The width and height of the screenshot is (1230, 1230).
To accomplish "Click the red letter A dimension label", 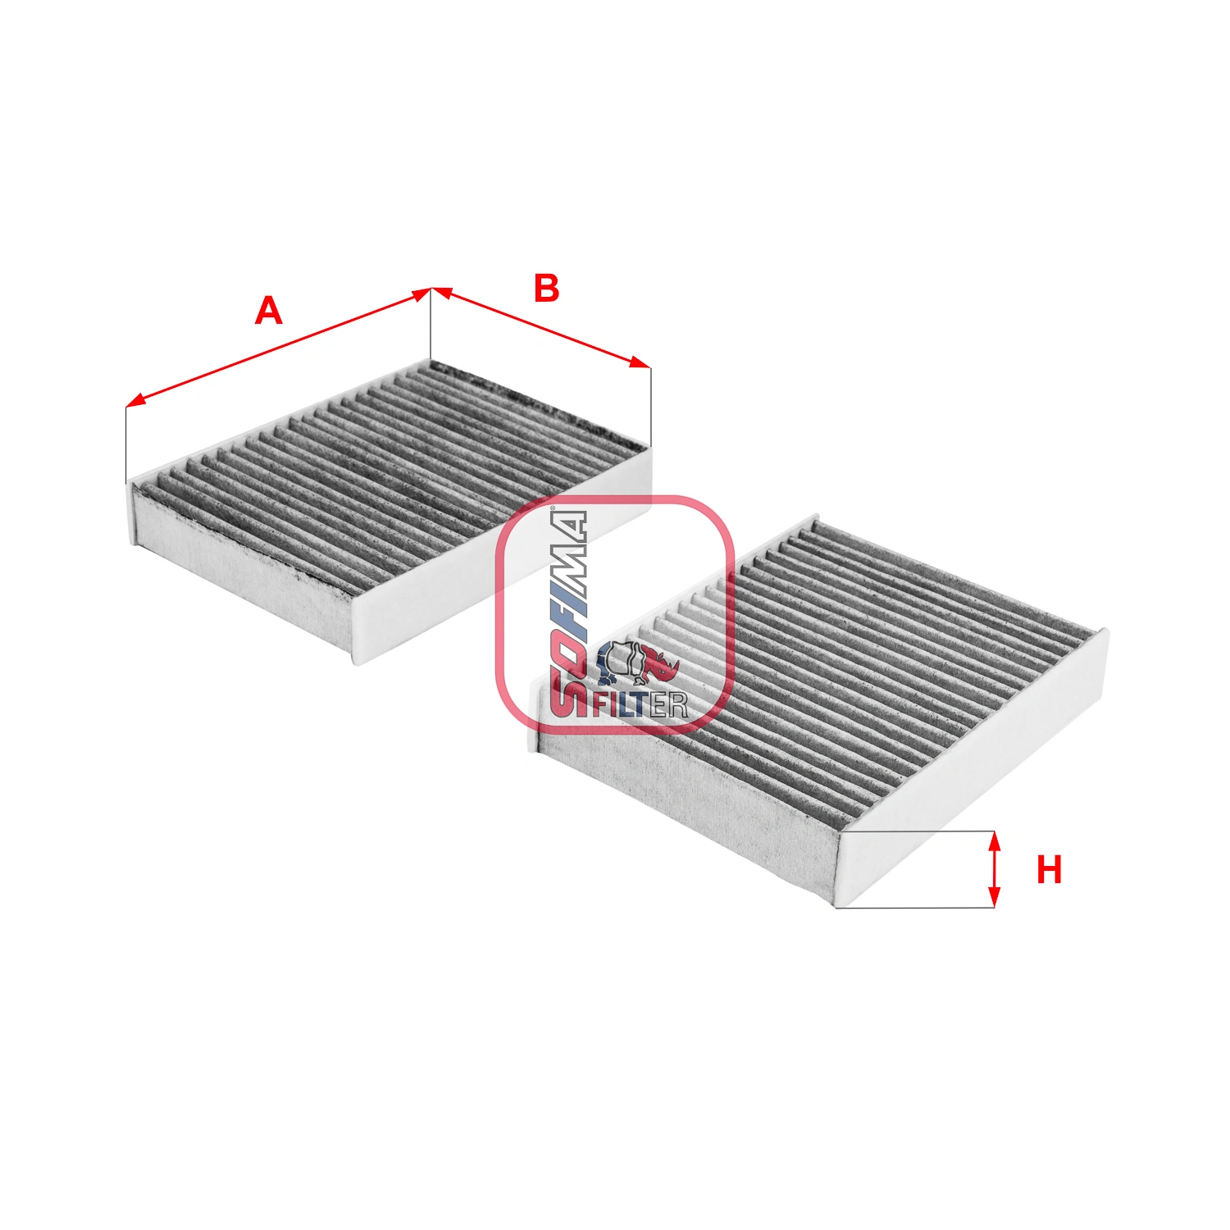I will [268, 312].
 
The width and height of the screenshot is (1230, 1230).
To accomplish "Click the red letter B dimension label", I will [546, 289].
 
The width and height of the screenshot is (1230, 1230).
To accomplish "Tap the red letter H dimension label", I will [1049, 870].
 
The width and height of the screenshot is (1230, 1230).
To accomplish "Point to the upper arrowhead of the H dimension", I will [994, 840].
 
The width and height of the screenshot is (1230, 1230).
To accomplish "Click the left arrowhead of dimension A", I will [134, 402].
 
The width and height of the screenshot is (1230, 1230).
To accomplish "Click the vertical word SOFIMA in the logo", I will [568, 611].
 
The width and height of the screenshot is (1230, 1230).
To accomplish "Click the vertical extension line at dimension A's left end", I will [126, 443].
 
